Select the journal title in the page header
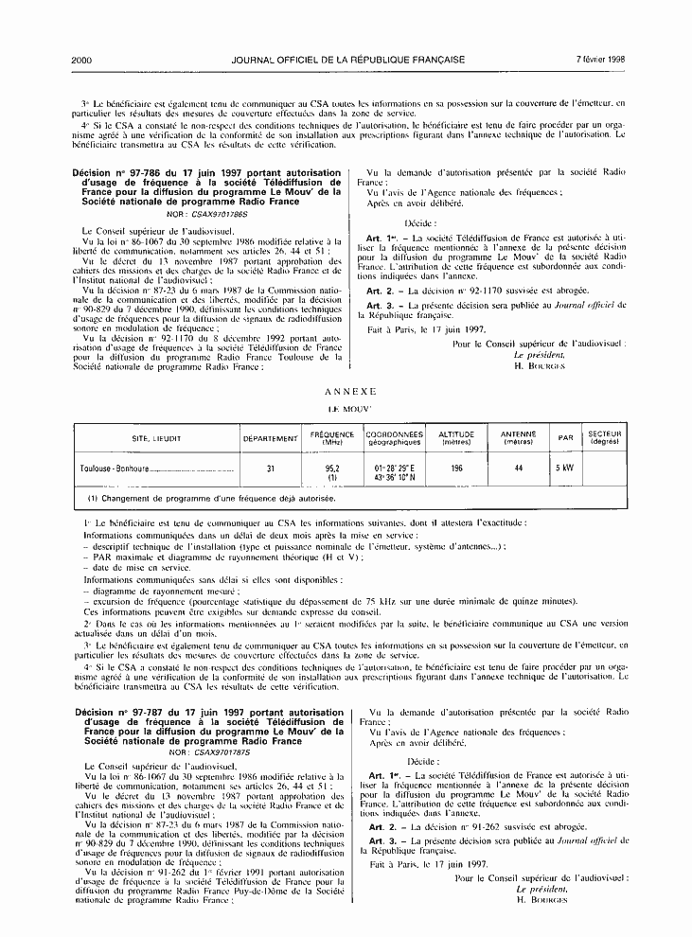click(x=347, y=60)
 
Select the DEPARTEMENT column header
click(x=270, y=439)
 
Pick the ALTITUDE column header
click(x=457, y=439)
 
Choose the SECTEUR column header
click(x=603, y=439)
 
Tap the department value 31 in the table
click(x=270, y=468)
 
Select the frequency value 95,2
click(x=332, y=468)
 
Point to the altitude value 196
click(x=457, y=468)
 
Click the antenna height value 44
click(x=518, y=468)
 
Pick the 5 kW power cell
click(x=565, y=468)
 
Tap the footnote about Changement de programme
click(x=214, y=497)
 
